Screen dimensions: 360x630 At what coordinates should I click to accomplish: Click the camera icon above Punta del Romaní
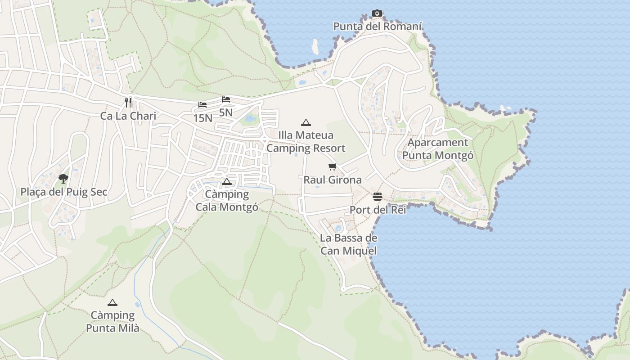tap(377, 13)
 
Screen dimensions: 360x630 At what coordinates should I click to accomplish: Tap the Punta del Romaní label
tap(378, 27)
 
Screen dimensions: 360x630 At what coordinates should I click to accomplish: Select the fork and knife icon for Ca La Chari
tap(129, 103)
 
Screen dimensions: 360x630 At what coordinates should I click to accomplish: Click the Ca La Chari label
tap(128, 116)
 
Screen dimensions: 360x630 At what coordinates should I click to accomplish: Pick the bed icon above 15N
tap(202, 105)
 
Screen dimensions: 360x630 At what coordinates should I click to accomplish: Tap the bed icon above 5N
tap(226, 99)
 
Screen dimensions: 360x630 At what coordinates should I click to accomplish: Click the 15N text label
tap(202, 118)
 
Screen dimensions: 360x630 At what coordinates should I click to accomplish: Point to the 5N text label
tap(226, 112)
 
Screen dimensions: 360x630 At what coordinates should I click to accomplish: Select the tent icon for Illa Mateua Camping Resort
tap(306, 122)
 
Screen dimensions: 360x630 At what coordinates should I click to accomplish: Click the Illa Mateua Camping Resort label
tap(306, 142)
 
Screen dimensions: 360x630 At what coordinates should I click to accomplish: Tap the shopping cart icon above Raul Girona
tap(333, 167)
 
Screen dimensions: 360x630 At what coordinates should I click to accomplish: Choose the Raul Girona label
tap(333, 180)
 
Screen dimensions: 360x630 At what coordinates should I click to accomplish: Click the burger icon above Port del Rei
tap(378, 197)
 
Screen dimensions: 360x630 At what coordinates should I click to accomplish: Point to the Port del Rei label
tap(378, 210)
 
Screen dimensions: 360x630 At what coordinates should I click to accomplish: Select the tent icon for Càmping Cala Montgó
tap(227, 181)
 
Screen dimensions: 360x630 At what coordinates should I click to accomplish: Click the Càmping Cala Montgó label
tap(227, 201)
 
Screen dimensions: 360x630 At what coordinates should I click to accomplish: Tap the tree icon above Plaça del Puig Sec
tap(63, 179)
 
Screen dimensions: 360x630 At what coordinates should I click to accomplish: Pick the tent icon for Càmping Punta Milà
tap(112, 302)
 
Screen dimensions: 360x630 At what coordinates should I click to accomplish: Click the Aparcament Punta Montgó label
tap(438, 149)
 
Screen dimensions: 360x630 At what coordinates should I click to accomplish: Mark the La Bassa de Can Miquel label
tap(349, 244)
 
